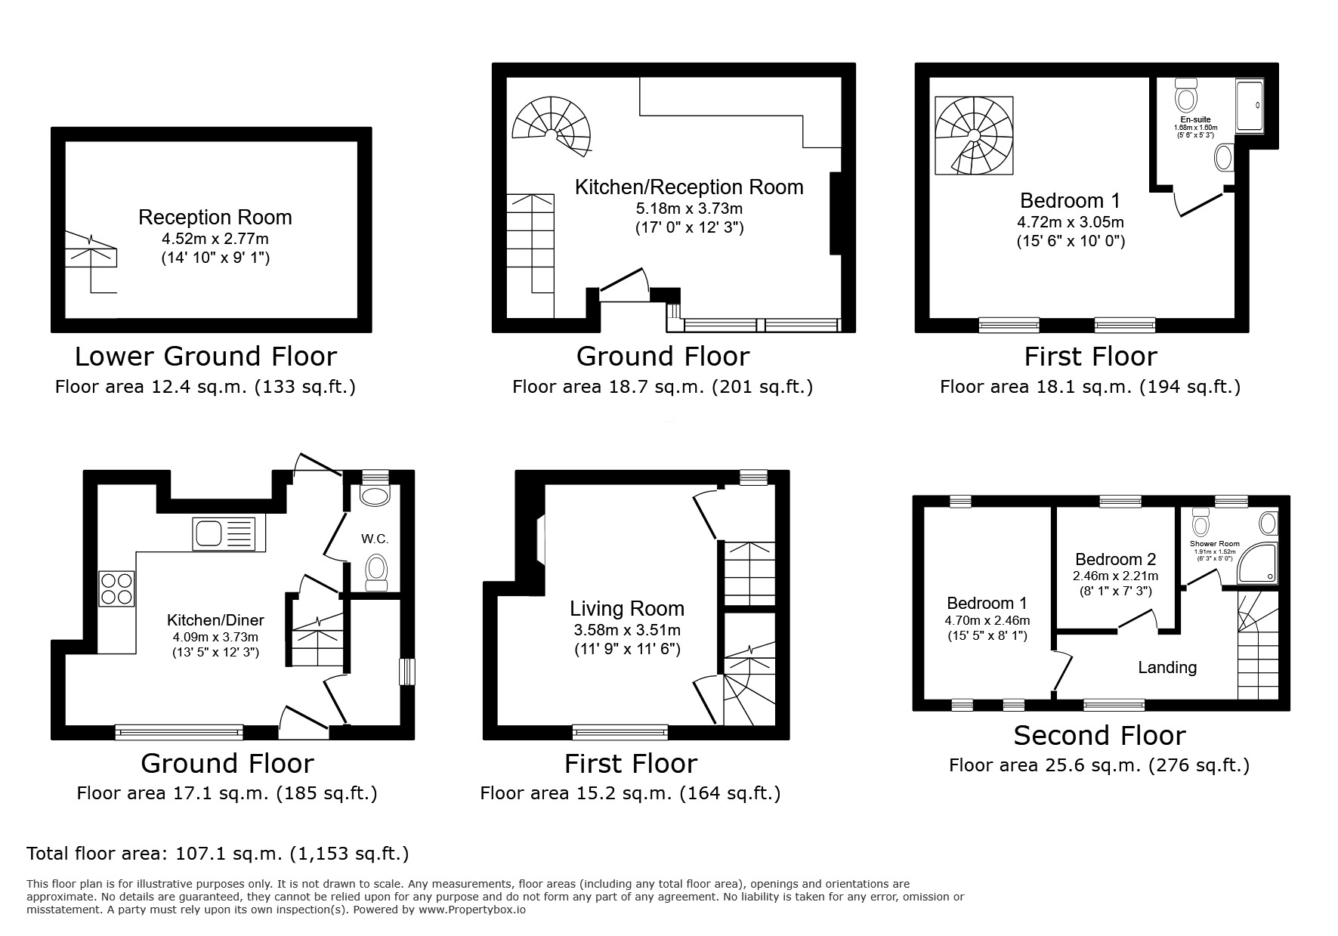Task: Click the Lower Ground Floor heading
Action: pos(205,356)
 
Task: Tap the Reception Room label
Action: pos(215,218)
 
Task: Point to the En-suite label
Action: pos(1195,119)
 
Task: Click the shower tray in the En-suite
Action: pos(1249,106)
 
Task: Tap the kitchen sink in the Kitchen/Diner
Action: pos(224,533)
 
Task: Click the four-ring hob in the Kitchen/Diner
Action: pos(117,589)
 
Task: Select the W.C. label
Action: pos(375,539)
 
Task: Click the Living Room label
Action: pos(626,609)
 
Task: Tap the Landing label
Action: pos(1167,667)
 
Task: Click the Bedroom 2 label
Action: pos(1115,560)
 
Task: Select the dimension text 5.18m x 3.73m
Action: pos(689,208)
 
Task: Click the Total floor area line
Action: pos(218,854)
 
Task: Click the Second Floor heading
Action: pos(1099,735)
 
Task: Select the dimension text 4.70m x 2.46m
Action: pos(987,620)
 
